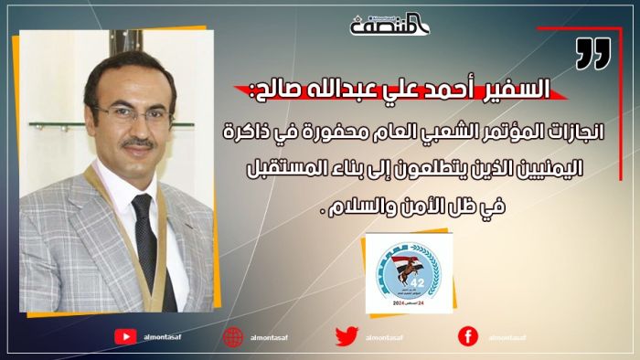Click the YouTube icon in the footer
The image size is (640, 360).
tap(125, 336)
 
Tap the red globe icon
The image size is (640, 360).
tap(234, 336)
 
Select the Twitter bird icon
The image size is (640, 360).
tap(346, 336)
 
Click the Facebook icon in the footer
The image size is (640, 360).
tap(467, 336)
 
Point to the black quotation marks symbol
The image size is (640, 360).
tap(592, 56)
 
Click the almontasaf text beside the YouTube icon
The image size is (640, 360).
tap(165, 337)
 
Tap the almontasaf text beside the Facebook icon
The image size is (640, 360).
tap(507, 337)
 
